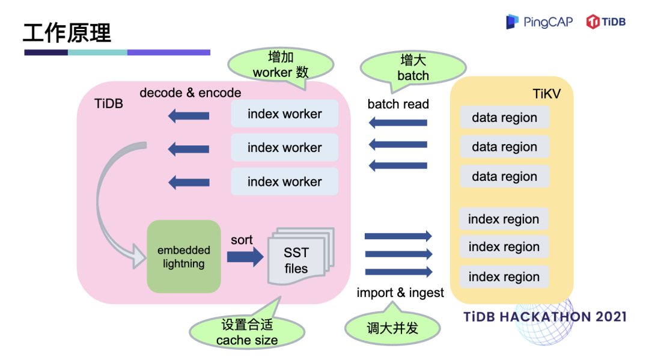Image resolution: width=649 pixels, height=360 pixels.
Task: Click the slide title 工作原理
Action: [67, 32]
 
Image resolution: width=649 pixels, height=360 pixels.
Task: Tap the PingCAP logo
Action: [539, 22]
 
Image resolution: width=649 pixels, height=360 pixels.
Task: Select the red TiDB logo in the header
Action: [606, 22]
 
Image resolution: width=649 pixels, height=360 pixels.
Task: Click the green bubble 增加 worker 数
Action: [281, 65]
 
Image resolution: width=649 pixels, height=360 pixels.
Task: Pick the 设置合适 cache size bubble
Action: [247, 332]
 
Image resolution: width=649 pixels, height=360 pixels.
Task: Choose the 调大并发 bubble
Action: [392, 328]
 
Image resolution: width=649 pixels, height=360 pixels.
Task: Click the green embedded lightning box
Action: [184, 257]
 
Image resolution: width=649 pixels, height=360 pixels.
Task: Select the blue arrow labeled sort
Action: [245, 257]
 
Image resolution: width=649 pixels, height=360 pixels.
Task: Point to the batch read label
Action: [398, 104]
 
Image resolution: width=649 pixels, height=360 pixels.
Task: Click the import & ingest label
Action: [400, 293]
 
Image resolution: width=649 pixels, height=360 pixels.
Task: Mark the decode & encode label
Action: [190, 93]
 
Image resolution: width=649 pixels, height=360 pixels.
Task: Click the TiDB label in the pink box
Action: [109, 103]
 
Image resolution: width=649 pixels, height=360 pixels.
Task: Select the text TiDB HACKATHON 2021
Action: [545, 317]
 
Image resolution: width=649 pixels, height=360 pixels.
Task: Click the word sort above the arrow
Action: [242, 240]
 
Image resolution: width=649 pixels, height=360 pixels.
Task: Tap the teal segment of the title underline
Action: [97, 52]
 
